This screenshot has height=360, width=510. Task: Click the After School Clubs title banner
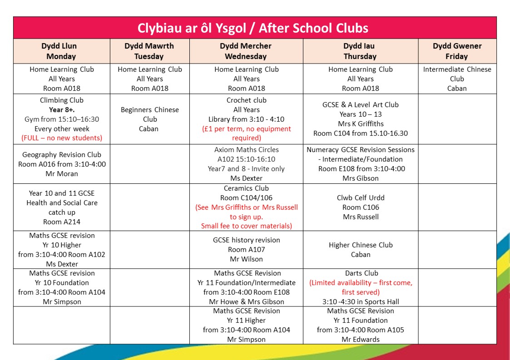[254, 28]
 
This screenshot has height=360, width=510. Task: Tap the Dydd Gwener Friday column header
[457, 51]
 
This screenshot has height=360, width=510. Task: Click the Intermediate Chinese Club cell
[457, 79]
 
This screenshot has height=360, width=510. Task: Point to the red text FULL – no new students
[62, 138]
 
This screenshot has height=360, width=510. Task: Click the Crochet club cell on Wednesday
[246, 119]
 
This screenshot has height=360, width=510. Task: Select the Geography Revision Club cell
[62, 164]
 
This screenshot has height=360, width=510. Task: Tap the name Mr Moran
[62, 174]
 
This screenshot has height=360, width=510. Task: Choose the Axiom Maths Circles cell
[246, 164]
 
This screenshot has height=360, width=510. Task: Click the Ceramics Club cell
[246, 207]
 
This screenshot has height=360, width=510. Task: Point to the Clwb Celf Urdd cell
[361, 207]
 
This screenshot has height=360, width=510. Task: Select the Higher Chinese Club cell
[361, 250]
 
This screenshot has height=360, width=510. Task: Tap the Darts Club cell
[361, 287]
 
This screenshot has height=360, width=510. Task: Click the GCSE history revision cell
[246, 249]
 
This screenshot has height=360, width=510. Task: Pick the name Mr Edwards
[361, 340]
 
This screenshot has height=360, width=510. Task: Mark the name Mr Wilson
[246, 259]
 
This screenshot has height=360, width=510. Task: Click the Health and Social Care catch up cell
[62, 207]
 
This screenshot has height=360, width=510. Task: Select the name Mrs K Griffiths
[361, 124]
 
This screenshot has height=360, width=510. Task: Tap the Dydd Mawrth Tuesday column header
[149, 51]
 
